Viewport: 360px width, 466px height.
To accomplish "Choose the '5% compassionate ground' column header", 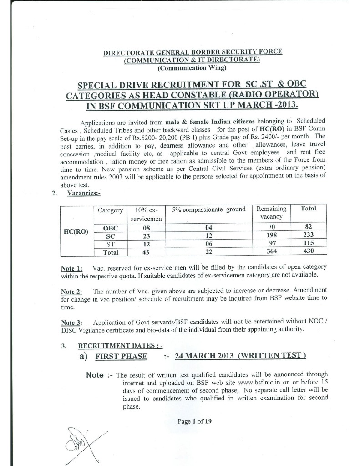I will pyautogui.click(x=209, y=210).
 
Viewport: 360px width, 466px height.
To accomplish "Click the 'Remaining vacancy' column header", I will pyautogui.click(x=271, y=213).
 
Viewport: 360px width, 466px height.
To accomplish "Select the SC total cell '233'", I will pyautogui.click(x=308, y=235).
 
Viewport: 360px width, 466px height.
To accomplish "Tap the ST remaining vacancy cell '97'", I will pyautogui.click(x=272, y=243).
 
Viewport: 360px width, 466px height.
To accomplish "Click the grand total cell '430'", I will pyautogui.click(x=308, y=251).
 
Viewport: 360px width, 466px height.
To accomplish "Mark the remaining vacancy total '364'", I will pyautogui.click(x=272, y=251).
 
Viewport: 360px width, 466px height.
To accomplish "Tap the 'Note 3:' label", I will pyautogui.click(x=71, y=323).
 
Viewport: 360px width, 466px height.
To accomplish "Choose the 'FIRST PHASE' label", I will pyautogui.click(x=121, y=356).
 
